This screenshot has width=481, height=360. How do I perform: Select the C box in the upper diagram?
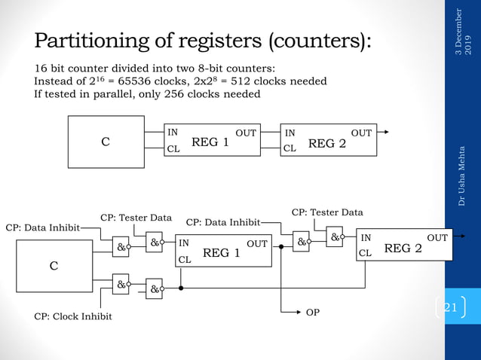click(x=106, y=142)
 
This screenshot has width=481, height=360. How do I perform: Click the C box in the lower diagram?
click(x=54, y=266)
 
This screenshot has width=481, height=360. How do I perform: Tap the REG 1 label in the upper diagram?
click(x=210, y=142)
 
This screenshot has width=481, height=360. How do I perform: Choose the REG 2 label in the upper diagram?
click(x=327, y=142)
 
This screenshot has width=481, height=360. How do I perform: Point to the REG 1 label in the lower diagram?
click(x=221, y=253)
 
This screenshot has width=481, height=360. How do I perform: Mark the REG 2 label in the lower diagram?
click(x=403, y=247)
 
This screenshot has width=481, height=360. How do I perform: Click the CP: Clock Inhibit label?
click(x=73, y=316)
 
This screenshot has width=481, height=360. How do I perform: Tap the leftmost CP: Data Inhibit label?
click(x=43, y=227)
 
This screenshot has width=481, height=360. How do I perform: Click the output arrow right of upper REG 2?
click(x=385, y=133)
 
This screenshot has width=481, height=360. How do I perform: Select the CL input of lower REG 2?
click(x=366, y=253)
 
